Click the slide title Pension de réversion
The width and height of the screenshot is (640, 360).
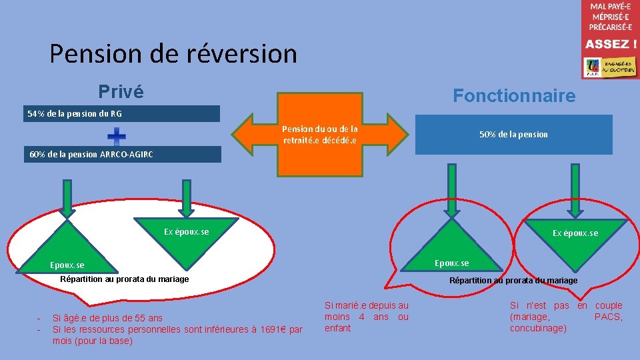click(173, 53)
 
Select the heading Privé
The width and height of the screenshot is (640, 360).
click(121, 91)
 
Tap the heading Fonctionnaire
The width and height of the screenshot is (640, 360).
click(514, 96)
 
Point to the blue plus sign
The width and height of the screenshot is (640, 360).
click(117, 136)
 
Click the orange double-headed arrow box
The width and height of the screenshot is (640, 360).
click(320, 135)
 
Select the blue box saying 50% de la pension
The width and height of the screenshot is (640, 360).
click(513, 135)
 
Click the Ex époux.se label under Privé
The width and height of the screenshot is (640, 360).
click(186, 232)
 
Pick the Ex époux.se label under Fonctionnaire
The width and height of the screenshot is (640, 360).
click(575, 233)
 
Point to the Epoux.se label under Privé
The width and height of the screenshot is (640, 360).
click(67, 265)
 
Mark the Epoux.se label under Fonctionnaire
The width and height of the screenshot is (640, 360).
click(451, 263)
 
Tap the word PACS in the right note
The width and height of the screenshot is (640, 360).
click(608, 317)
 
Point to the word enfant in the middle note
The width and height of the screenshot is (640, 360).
click(337, 328)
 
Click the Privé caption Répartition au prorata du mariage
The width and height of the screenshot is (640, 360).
click(125, 279)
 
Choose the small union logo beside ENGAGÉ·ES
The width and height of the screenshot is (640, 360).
click(593, 67)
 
